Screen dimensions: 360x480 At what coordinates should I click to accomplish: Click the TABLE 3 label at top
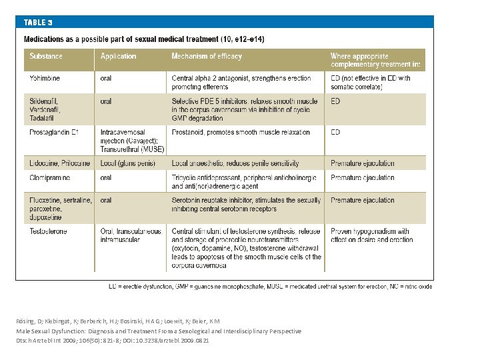[x=38, y=22]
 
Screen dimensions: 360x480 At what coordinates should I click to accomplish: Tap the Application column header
[x=118, y=57]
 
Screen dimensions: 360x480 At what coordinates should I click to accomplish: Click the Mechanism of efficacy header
[x=207, y=57]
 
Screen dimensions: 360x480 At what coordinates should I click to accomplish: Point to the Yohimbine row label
[x=45, y=78]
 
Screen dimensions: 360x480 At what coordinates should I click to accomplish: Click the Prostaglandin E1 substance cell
[x=54, y=132]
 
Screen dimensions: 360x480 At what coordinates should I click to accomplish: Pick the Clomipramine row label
[x=51, y=178]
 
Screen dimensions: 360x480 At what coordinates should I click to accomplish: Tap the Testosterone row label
[x=49, y=231]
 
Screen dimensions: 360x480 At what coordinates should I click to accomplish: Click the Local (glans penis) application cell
[x=128, y=163]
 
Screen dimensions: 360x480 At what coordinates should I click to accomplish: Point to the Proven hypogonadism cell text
[x=371, y=235]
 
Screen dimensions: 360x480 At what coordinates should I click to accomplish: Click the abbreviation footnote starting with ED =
[x=270, y=286]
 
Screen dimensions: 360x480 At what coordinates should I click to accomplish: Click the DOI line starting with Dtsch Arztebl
[x=113, y=340]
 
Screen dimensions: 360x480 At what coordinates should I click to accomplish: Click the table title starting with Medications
[x=144, y=39]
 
